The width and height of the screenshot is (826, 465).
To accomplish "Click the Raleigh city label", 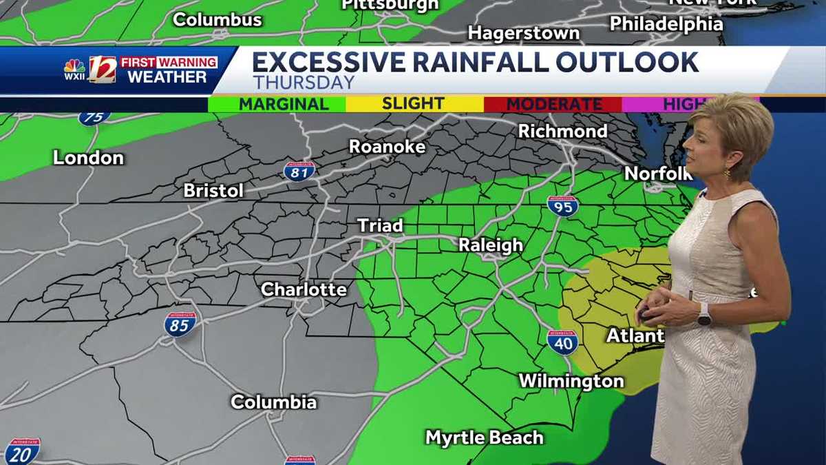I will tap(491, 245).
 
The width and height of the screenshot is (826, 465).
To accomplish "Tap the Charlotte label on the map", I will tap(304, 289).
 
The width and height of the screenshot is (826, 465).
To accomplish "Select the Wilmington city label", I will tap(571, 381).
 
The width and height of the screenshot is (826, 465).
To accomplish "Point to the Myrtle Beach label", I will tap(484, 437).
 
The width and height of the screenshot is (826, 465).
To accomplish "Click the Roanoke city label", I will tap(387, 147).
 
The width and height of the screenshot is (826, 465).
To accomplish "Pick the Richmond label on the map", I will tap(562, 131).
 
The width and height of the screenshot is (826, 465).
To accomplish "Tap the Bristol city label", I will tap(213, 191).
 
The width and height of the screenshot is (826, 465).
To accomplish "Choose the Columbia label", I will tap(273, 402).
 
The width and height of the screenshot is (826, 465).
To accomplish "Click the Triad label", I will tap(380, 226).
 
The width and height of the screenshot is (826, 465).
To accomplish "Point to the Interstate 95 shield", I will tap(562, 206).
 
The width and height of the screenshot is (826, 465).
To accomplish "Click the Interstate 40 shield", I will tap(562, 342).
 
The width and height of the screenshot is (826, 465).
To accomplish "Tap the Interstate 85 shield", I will tap(180, 324).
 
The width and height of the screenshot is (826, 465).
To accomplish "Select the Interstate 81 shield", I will tap(299, 171).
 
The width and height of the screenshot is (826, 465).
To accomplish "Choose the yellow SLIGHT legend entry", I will tap(413, 104).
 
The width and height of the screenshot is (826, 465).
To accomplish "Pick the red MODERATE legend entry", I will tap(553, 104).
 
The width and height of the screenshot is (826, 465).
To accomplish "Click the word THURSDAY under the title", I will tap(304, 83).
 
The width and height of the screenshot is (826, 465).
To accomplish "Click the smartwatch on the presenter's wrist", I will tap(703, 314).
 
